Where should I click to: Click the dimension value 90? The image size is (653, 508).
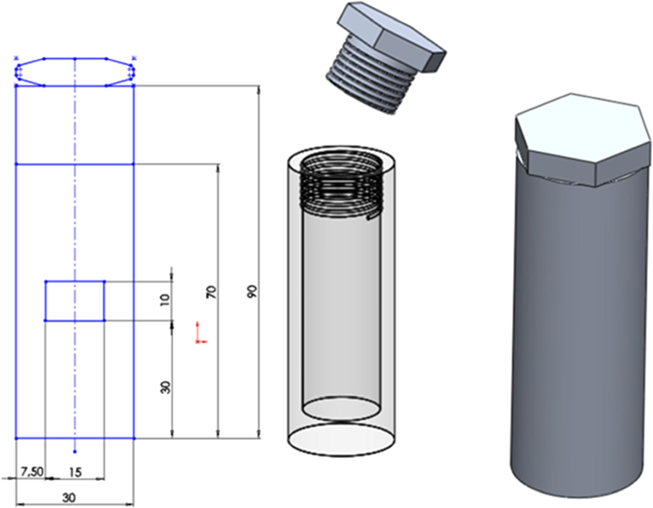[x=251, y=291]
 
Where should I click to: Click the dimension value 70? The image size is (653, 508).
[x=211, y=292]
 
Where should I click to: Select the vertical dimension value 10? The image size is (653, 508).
[x=164, y=300]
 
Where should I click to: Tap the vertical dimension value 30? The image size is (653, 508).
[x=165, y=387]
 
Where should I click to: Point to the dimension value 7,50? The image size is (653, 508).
[x=31, y=471]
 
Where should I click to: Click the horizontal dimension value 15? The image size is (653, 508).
[x=75, y=472]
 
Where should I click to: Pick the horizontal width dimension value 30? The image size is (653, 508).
[x=68, y=497]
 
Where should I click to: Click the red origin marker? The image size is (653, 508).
[x=198, y=335]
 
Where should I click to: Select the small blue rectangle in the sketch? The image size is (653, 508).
[x=75, y=301]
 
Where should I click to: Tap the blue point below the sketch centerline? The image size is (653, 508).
[x=75, y=451]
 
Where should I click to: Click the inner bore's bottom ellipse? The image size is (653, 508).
[x=341, y=409]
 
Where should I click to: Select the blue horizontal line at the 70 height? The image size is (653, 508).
[x=75, y=164]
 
